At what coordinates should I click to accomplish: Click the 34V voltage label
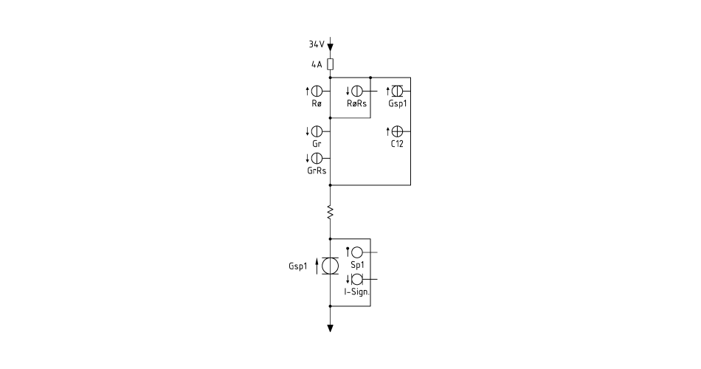click(316, 44)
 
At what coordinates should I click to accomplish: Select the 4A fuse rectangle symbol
click(331, 64)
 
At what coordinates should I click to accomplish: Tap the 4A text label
click(317, 64)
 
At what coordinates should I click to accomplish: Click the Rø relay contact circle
click(317, 92)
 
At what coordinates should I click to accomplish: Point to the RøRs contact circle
click(356, 92)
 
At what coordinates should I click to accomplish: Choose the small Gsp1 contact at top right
click(397, 92)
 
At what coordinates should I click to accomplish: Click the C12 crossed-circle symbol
click(397, 131)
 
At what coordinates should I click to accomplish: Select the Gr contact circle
click(317, 131)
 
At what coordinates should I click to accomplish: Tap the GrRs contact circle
click(317, 159)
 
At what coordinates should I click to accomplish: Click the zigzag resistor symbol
click(331, 212)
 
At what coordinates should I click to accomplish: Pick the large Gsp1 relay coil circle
click(331, 266)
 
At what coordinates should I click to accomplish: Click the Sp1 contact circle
click(356, 252)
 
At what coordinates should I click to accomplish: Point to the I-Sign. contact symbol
click(356, 280)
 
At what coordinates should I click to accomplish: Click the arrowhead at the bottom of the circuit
click(331, 328)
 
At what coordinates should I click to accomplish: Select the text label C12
click(397, 144)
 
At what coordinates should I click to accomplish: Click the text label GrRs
click(317, 171)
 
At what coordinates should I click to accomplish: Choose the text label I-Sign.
click(356, 292)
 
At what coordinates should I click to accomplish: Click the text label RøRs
click(356, 104)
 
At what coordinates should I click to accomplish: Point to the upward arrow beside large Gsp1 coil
click(317, 266)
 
